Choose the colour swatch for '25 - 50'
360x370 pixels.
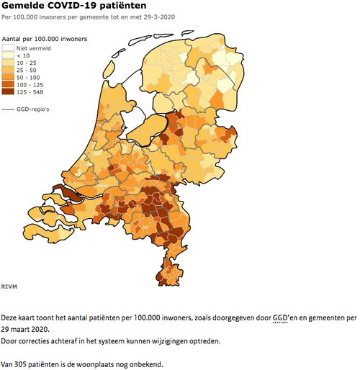[9, 70]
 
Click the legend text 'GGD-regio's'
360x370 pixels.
[33, 109]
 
